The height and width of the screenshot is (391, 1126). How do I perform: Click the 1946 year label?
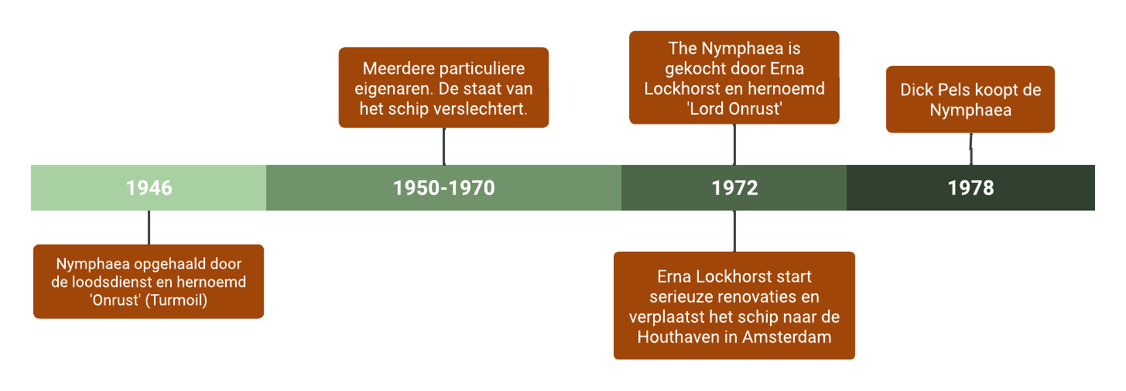tap(149, 188)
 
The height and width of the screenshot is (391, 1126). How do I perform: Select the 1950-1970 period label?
tap(443, 188)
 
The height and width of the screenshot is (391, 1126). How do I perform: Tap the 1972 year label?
tap(734, 188)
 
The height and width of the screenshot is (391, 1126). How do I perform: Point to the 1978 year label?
tap(970, 188)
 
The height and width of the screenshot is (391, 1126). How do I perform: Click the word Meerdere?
tap(393, 70)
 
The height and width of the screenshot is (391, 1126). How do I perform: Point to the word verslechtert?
tap(488, 109)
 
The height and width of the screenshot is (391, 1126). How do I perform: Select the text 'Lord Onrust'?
tap(734, 109)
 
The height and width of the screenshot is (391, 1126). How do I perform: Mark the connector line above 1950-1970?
tap(443, 146)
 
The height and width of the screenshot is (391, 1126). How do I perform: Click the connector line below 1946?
tap(149, 227)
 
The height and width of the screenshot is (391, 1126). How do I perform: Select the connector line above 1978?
tap(970, 149)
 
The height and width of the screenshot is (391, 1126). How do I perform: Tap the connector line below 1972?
tap(734, 231)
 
